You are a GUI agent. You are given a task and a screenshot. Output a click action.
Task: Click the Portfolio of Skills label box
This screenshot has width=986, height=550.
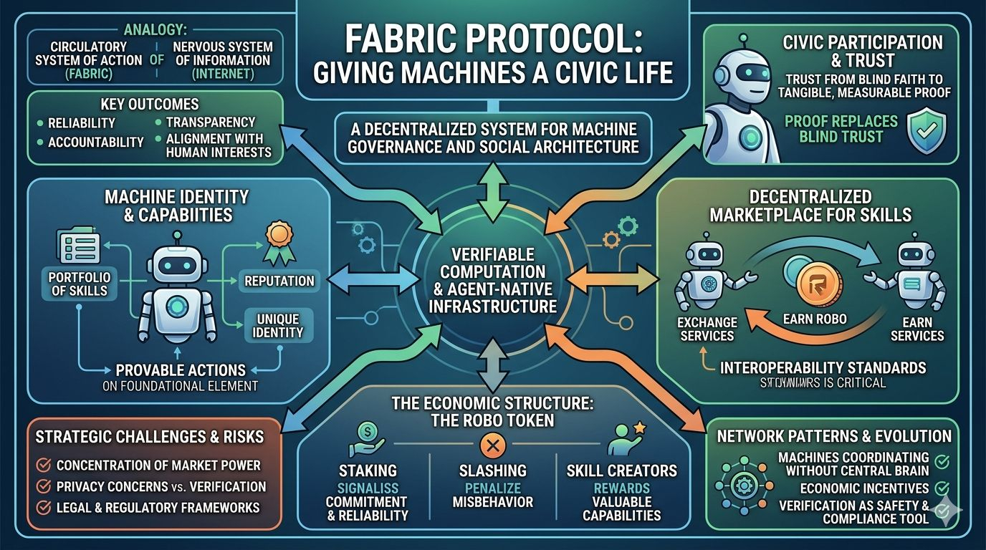tap(78, 284)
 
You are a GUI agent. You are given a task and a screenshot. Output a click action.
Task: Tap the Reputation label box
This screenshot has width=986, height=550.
tap(279, 281)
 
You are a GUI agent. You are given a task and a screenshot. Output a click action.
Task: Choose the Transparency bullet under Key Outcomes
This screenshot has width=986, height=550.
tap(207, 122)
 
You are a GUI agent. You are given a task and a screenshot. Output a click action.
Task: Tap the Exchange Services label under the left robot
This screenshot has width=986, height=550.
tap(707, 329)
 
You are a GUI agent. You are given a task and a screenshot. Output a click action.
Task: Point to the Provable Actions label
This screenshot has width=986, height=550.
tap(181, 370)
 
